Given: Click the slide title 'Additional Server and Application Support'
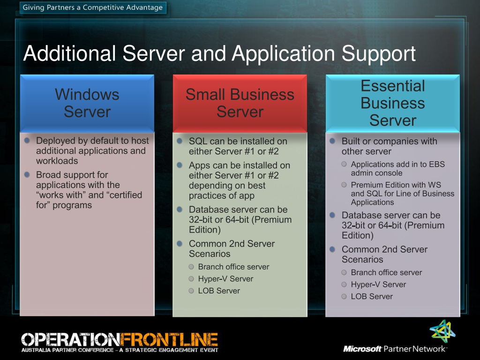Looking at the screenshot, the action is tap(219, 53).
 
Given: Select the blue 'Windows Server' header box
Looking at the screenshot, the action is tap(87, 103).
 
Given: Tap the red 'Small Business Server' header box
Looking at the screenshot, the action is tap(240, 103).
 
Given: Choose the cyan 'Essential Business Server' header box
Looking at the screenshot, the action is tap(392, 103).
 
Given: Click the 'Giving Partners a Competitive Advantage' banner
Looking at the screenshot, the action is tap(93, 7).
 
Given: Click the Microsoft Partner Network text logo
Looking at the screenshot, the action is tap(395, 349).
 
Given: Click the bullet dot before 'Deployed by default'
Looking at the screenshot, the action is tap(27, 140).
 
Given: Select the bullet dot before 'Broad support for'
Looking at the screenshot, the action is tap(27, 174).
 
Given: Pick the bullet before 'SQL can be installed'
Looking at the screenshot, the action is tap(180, 141).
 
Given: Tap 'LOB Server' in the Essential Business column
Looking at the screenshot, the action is tap(372, 296).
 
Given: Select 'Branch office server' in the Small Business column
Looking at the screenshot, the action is tap(233, 267).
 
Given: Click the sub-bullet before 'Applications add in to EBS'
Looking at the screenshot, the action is tap(345, 164).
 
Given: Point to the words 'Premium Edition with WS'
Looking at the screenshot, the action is tap(396, 185).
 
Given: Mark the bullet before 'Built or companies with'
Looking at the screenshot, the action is tap(332, 141).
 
